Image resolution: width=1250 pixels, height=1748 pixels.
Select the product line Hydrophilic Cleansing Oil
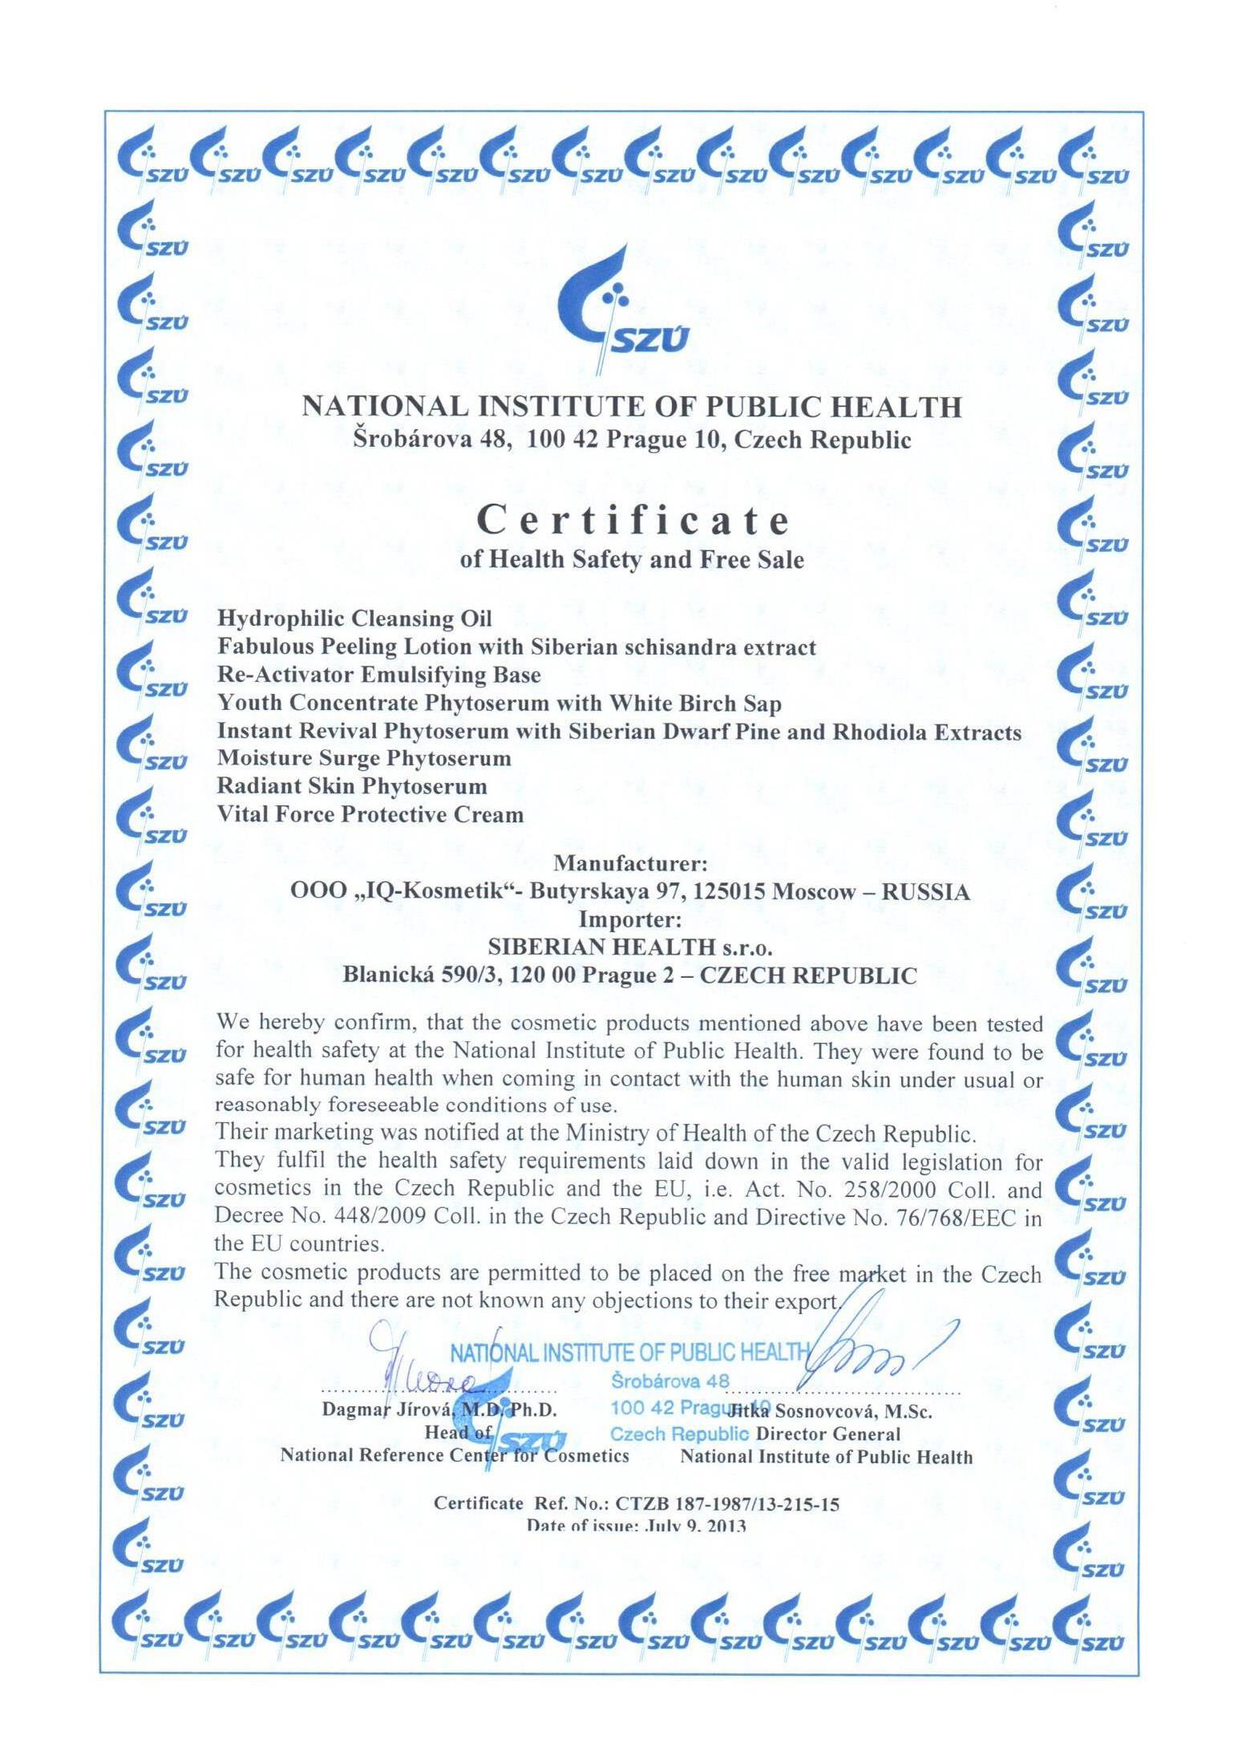[x=354, y=618]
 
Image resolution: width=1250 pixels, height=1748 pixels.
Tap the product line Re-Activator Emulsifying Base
[x=378, y=675]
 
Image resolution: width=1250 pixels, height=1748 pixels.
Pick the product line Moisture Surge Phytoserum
[x=364, y=758]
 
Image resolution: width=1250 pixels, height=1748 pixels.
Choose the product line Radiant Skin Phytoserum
[x=352, y=786]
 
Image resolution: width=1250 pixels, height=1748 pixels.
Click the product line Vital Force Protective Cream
[x=370, y=815]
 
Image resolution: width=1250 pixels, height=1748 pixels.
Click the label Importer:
[x=631, y=919]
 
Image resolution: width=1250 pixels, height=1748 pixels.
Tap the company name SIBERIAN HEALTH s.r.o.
[x=630, y=947]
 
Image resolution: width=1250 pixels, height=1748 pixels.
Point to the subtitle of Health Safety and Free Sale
[x=631, y=559]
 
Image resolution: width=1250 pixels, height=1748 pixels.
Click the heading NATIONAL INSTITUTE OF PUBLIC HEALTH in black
[x=631, y=408]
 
